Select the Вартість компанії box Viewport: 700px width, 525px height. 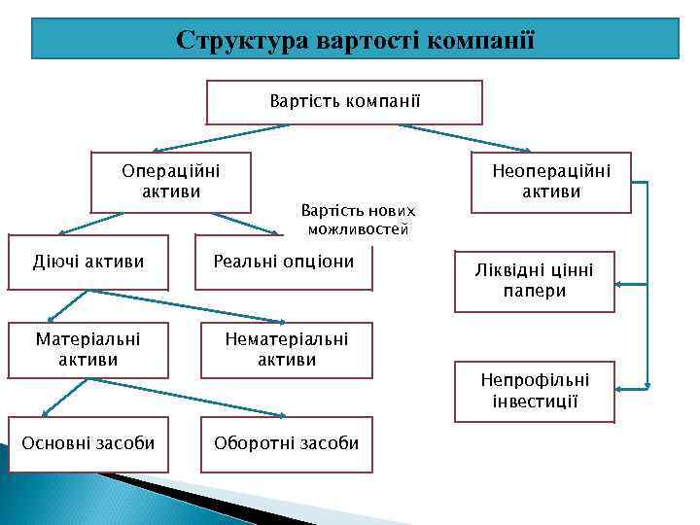pos(345,101)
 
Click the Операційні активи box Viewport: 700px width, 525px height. pos(170,181)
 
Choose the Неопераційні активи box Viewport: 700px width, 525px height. pos(550,181)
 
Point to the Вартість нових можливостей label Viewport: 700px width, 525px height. pos(358,221)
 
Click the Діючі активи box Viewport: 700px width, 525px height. pos(88,262)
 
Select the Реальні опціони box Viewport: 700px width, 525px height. pos(284,262)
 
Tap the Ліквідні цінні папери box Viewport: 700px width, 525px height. pos(534,281)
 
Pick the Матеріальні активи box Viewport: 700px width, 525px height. pos(88,349)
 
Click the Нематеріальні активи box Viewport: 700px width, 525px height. pos(286,349)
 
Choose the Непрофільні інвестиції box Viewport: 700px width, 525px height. pos(534,391)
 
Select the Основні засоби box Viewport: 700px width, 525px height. pos(88,443)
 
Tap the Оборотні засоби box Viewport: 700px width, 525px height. pos(286,443)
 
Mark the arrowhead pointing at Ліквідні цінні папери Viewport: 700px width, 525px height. pos(621,284)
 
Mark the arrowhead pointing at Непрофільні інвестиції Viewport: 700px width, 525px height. pos(621,385)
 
